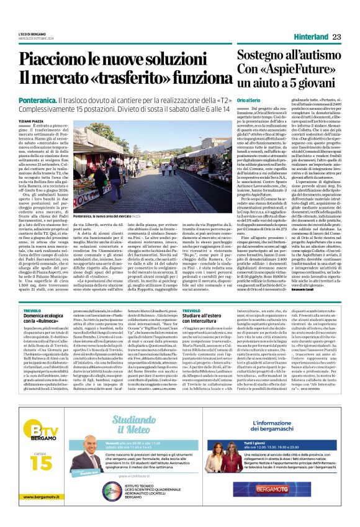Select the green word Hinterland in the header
click(310, 37)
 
